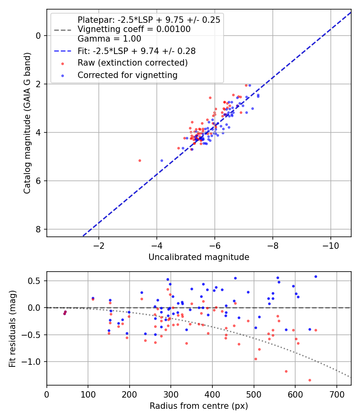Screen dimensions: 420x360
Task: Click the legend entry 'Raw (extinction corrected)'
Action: [132, 63]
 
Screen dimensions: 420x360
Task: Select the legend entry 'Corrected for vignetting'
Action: [127, 75]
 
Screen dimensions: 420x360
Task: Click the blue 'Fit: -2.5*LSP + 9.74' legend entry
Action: [136, 51]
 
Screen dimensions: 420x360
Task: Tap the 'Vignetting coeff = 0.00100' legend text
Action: [134, 29]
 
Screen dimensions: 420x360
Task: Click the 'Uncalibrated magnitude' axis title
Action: [199, 257]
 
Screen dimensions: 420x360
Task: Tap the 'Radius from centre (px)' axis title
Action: [199, 406]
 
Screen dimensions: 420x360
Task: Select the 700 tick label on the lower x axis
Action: [336, 395]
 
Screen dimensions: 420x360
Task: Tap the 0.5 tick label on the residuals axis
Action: [36, 281]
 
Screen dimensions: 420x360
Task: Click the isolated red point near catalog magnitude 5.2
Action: [140, 160]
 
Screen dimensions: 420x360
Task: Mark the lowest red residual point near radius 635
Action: [310, 380]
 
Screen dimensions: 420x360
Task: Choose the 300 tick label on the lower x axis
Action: [171, 395]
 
